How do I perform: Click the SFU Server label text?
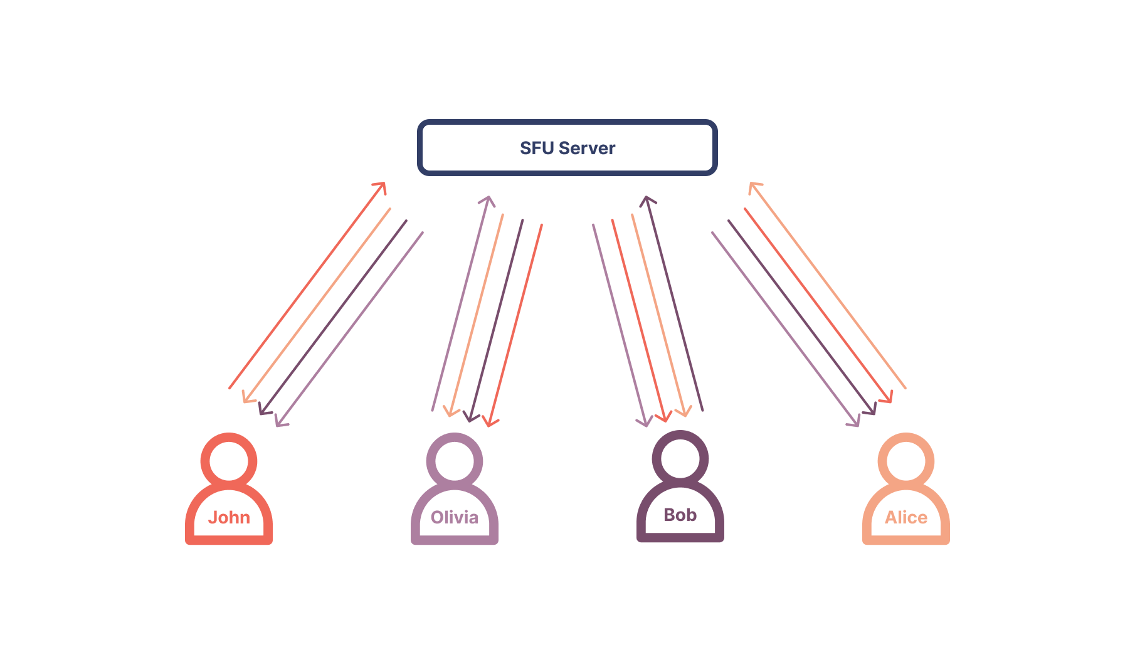567,148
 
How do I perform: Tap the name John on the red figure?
229,517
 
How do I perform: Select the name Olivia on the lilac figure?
455,517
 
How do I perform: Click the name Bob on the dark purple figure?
680,515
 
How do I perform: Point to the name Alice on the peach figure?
906,517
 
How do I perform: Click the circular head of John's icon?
229,461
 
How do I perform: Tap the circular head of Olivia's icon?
455,461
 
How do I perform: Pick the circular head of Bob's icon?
680,458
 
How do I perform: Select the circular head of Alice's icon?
906,461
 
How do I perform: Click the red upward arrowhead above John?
381,186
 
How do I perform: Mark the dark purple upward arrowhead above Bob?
647,201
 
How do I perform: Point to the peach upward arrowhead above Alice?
754,186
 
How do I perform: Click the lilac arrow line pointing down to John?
349,329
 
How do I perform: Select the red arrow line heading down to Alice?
818,305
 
